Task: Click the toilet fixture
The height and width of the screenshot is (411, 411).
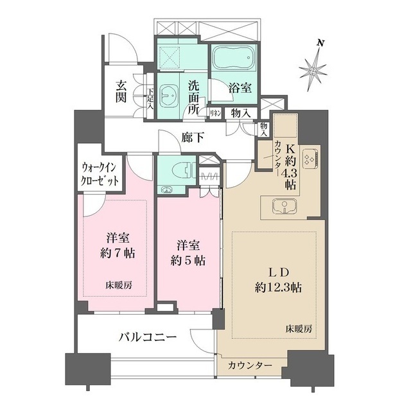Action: pos(180,170)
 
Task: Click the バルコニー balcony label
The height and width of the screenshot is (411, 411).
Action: pos(147,337)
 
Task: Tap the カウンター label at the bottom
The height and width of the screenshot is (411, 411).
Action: pos(249,366)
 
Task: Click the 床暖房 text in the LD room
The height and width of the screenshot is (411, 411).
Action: pos(299,328)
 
